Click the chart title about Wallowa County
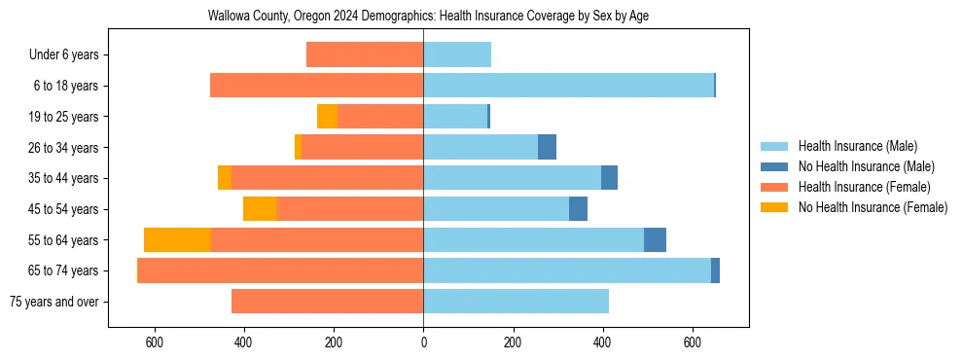(428, 17)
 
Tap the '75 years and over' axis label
(53, 302)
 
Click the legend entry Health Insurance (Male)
(857, 146)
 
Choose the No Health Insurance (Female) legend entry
(873, 207)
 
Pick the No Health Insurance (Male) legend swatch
(774, 166)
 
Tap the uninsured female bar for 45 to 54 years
(260, 209)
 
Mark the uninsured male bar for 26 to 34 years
(547, 147)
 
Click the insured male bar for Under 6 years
(457, 55)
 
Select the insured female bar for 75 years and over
(327, 302)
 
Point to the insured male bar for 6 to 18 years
(568, 86)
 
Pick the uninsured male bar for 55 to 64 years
(655, 239)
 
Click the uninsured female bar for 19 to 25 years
(327, 117)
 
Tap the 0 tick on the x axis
(423, 342)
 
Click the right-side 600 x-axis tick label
(692, 342)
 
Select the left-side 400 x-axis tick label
(244, 342)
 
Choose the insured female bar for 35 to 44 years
(327, 178)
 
